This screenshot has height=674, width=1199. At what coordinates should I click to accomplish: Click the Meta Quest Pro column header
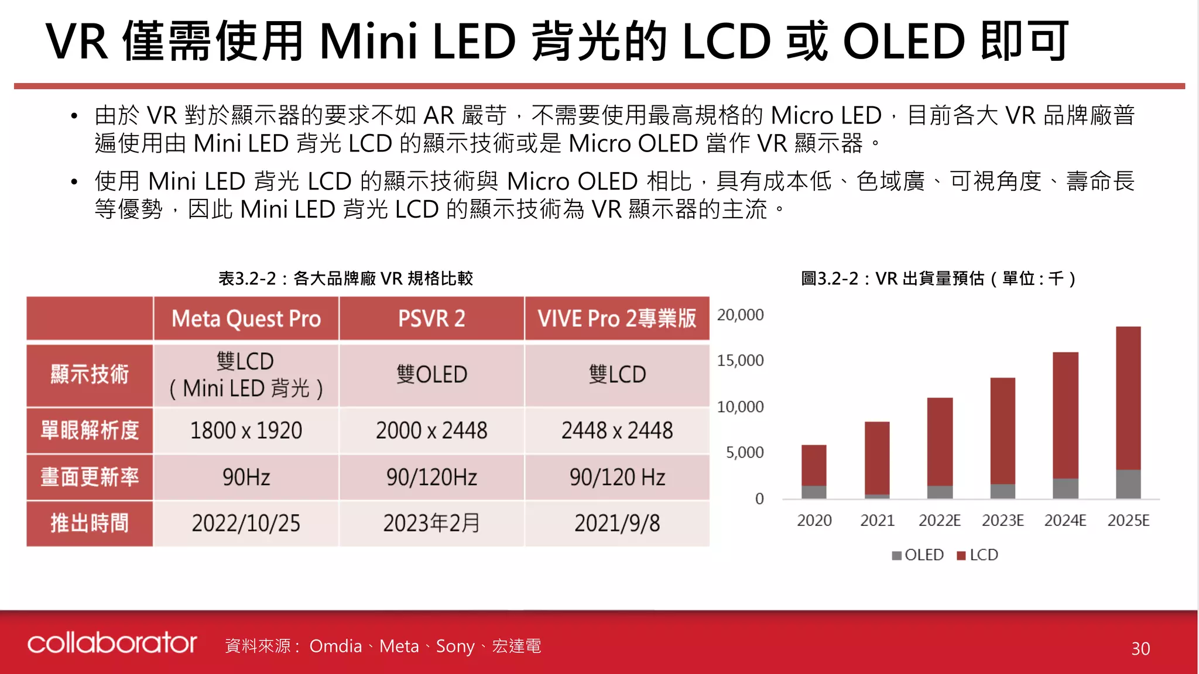click(x=246, y=319)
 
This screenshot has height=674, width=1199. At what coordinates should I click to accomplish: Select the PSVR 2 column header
click(x=431, y=319)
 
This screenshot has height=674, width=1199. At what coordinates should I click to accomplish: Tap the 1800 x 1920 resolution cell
click(x=246, y=431)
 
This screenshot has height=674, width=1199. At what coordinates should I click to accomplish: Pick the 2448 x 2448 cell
click(x=617, y=431)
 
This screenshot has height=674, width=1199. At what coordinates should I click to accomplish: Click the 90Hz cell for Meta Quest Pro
click(x=246, y=477)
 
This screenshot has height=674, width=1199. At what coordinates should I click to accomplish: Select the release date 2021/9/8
click(x=617, y=523)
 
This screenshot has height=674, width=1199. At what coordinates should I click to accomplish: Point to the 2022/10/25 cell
click(x=246, y=523)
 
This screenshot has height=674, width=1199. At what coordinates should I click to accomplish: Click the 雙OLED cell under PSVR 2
click(x=431, y=374)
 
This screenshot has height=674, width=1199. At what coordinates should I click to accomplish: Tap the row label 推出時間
click(x=90, y=523)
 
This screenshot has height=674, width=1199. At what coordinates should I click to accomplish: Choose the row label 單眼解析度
click(x=90, y=431)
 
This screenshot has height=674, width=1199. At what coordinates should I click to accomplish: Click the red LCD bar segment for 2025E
click(x=1128, y=398)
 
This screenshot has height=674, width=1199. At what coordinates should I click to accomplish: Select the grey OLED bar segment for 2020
click(x=814, y=492)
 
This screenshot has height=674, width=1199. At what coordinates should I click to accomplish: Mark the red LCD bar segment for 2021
click(x=877, y=458)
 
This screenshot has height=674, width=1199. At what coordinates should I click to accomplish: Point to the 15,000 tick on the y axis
click(x=741, y=360)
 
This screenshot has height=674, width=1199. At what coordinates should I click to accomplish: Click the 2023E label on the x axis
click(x=1002, y=520)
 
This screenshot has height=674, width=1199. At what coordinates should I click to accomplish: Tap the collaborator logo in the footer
click(x=112, y=643)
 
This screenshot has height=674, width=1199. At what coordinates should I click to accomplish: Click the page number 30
click(x=1140, y=648)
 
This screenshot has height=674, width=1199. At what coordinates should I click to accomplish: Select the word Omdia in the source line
click(x=335, y=646)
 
